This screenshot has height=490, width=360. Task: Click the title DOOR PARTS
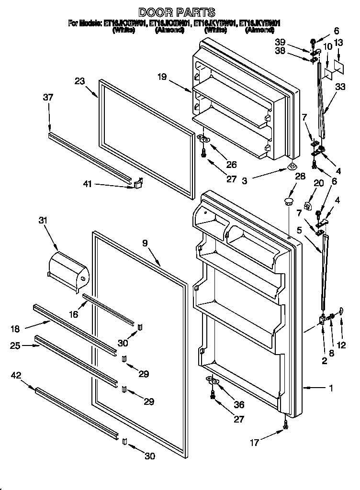click(177, 12)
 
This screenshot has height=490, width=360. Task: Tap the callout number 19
click(162, 77)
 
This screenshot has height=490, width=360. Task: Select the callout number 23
click(79, 81)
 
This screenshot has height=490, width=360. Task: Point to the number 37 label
click(48, 97)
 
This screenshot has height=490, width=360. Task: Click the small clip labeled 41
click(139, 183)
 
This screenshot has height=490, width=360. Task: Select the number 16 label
click(73, 314)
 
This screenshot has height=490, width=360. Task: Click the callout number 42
click(17, 376)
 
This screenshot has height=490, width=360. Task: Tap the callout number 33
click(340, 87)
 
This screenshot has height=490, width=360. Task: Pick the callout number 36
click(238, 405)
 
